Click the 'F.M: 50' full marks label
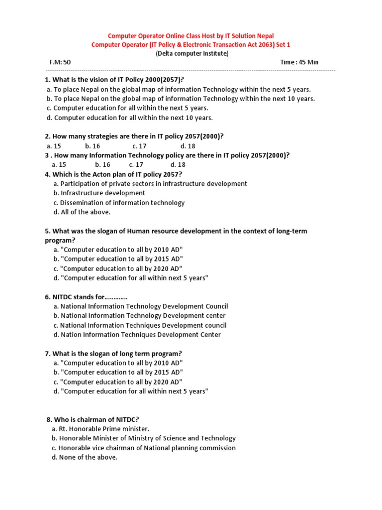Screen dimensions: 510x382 point(60,62)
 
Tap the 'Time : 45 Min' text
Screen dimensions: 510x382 point(299,62)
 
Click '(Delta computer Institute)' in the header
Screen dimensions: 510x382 point(191,53)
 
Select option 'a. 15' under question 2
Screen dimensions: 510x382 point(54,146)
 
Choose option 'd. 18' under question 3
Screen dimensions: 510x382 point(178,164)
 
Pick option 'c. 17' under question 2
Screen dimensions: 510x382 point(139,146)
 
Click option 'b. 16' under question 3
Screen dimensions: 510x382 point(102,164)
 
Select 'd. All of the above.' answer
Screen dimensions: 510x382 point(82,212)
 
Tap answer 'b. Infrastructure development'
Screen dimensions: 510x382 point(99,193)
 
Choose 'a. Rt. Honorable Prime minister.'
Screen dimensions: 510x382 point(100,429)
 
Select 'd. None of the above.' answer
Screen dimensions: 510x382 point(84,457)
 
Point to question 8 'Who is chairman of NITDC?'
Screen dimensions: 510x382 point(96,419)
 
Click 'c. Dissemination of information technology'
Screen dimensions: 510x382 point(118,202)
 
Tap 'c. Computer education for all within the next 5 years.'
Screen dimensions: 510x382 point(127,108)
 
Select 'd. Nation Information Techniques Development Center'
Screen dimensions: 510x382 point(137,335)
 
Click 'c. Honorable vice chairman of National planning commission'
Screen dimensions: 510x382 point(143,448)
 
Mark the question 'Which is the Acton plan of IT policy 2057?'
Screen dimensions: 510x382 point(113,174)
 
